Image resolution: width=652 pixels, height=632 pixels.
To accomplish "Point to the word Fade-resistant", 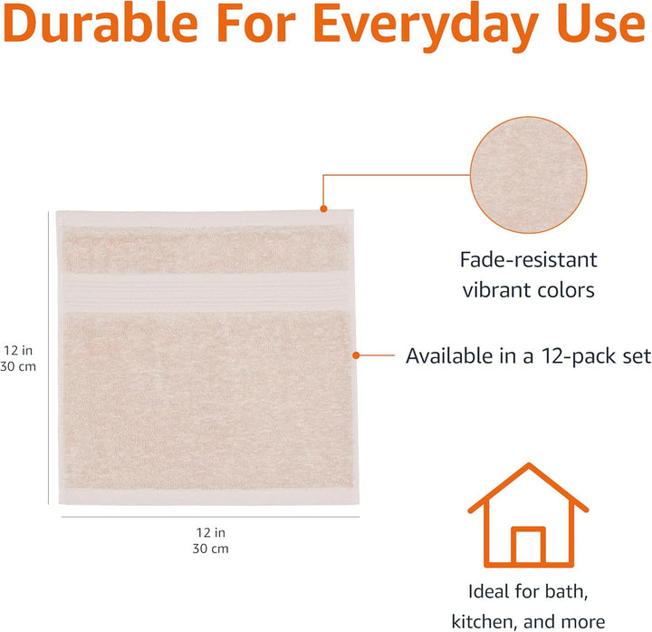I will pos(528,259).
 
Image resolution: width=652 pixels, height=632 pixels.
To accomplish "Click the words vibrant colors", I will pos(528,290).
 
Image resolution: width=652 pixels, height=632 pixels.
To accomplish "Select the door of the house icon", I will pos(527,547).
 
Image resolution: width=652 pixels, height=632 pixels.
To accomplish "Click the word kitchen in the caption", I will pos(487,622).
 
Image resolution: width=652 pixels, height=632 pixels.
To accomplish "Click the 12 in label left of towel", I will pos(18,350).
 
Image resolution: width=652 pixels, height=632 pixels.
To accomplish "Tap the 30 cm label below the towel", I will pos(209,549).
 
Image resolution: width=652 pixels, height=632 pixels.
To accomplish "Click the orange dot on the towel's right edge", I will pos(356,355).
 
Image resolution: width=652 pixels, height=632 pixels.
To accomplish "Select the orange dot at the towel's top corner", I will pos(322,209).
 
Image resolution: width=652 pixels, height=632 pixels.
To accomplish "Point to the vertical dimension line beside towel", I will pos(48,358).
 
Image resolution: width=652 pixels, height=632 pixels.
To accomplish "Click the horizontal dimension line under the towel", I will pos(210,517).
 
